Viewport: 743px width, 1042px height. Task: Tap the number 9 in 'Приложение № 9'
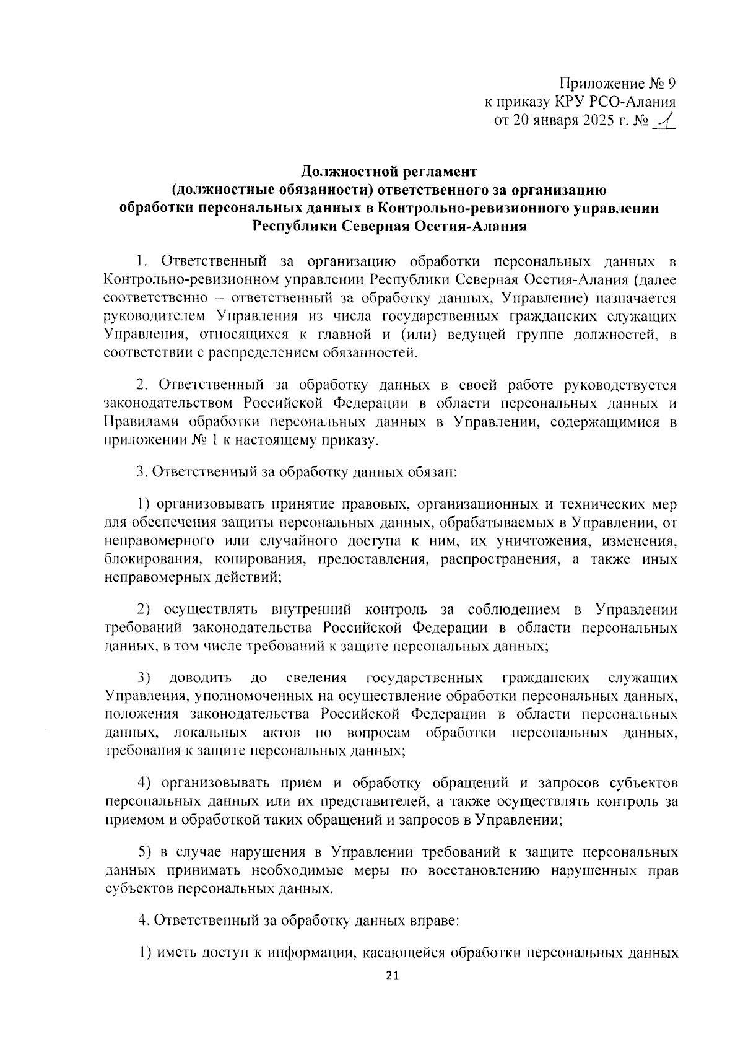(671, 84)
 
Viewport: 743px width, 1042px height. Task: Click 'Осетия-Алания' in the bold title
(472, 226)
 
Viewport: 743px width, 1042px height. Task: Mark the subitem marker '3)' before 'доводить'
(144, 677)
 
